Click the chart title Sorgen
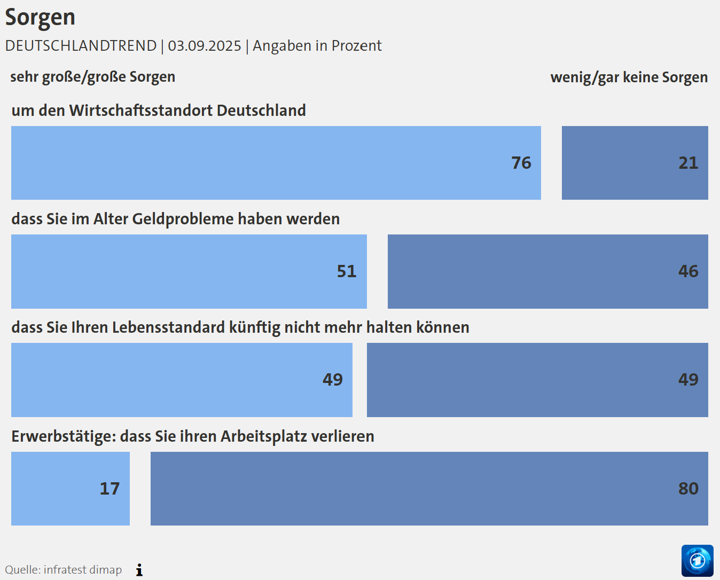tap(40, 18)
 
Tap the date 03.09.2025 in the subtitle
tap(205, 46)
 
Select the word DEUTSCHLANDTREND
tap(81, 46)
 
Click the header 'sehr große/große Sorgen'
tap(92, 77)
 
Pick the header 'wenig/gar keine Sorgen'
tap(629, 77)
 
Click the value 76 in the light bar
tap(521, 163)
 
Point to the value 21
tap(688, 163)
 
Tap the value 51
tap(346, 271)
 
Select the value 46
tap(688, 271)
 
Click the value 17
tap(109, 489)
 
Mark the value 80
tap(688, 489)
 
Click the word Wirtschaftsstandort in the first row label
tap(141, 111)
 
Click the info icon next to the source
tap(139, 570)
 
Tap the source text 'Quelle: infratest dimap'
tap(64, 570)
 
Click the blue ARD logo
tap(697, 561)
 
